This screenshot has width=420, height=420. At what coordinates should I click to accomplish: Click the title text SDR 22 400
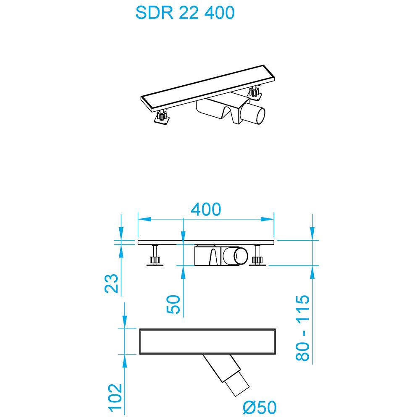[x=185, y=13]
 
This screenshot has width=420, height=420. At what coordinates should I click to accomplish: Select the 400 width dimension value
[x=206, y=209]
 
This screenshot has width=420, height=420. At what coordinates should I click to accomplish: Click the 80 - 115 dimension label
[x=302, y=328]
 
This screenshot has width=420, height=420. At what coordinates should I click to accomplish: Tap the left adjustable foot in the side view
[x=155, y=256]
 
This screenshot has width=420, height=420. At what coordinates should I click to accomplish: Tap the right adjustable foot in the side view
[x=258, y=256]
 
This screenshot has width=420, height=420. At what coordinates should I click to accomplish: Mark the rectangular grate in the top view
[x=207, y=341]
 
